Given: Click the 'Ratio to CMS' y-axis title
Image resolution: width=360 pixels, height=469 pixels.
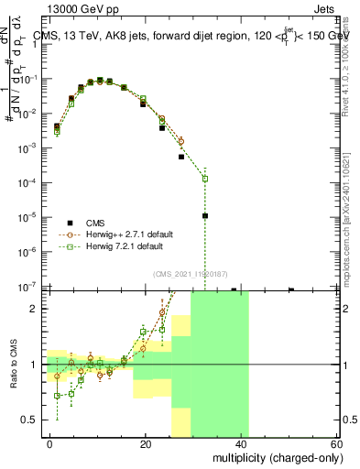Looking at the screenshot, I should tap(13, 365).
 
